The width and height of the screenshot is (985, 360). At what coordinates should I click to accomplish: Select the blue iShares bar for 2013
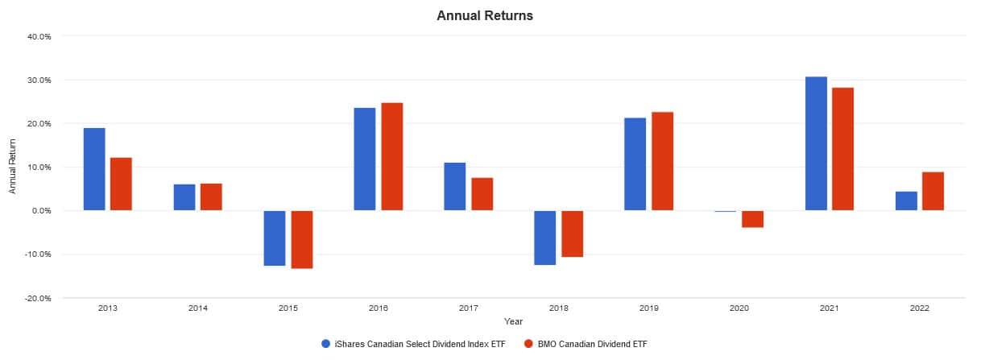[94, 169]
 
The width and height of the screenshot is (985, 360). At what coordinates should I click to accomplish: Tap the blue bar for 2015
[275, 238]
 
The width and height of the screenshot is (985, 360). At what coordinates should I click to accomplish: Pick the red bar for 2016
[391, 156]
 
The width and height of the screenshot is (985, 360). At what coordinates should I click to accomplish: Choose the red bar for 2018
[572, 234]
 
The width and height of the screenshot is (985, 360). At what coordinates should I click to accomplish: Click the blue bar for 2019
[635, 163]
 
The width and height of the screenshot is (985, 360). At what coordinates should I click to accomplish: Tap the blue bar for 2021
[816, 143]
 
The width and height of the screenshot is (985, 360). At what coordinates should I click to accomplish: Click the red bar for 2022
[933, 191]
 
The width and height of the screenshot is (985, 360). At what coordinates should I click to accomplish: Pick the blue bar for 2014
[184, 197]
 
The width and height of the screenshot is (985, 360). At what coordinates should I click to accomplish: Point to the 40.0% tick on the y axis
[39, 36]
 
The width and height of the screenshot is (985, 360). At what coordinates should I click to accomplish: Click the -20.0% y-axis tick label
[39, 298]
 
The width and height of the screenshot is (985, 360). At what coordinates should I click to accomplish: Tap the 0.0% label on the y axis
[41, 211]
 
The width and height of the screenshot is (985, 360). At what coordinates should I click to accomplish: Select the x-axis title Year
[514, 321]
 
